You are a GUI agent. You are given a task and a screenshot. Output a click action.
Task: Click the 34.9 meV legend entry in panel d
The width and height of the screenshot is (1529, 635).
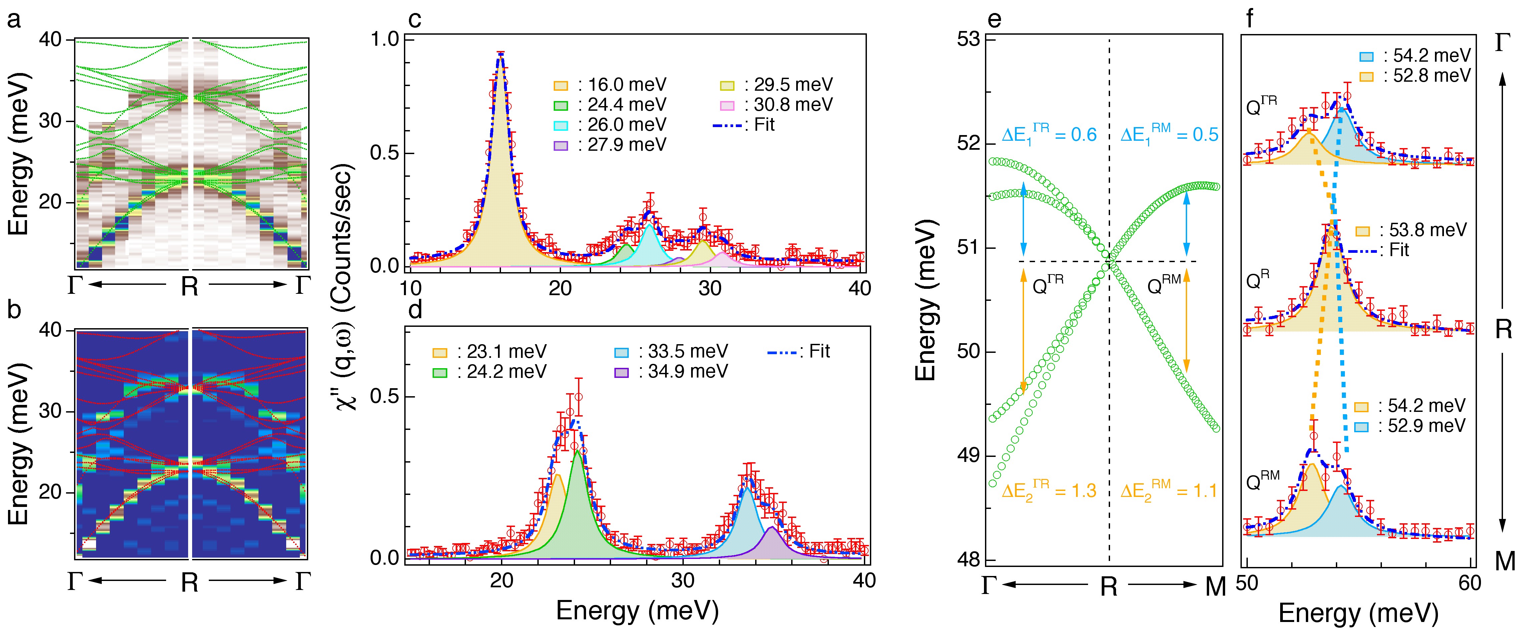(671, 372)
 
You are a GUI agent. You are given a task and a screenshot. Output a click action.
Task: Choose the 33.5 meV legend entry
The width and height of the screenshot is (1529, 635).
(671, 351)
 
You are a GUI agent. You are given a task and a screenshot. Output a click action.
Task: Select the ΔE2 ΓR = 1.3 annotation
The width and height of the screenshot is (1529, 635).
(1048, 491)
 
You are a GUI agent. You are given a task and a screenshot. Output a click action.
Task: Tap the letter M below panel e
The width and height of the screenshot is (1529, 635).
(1215, 588)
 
